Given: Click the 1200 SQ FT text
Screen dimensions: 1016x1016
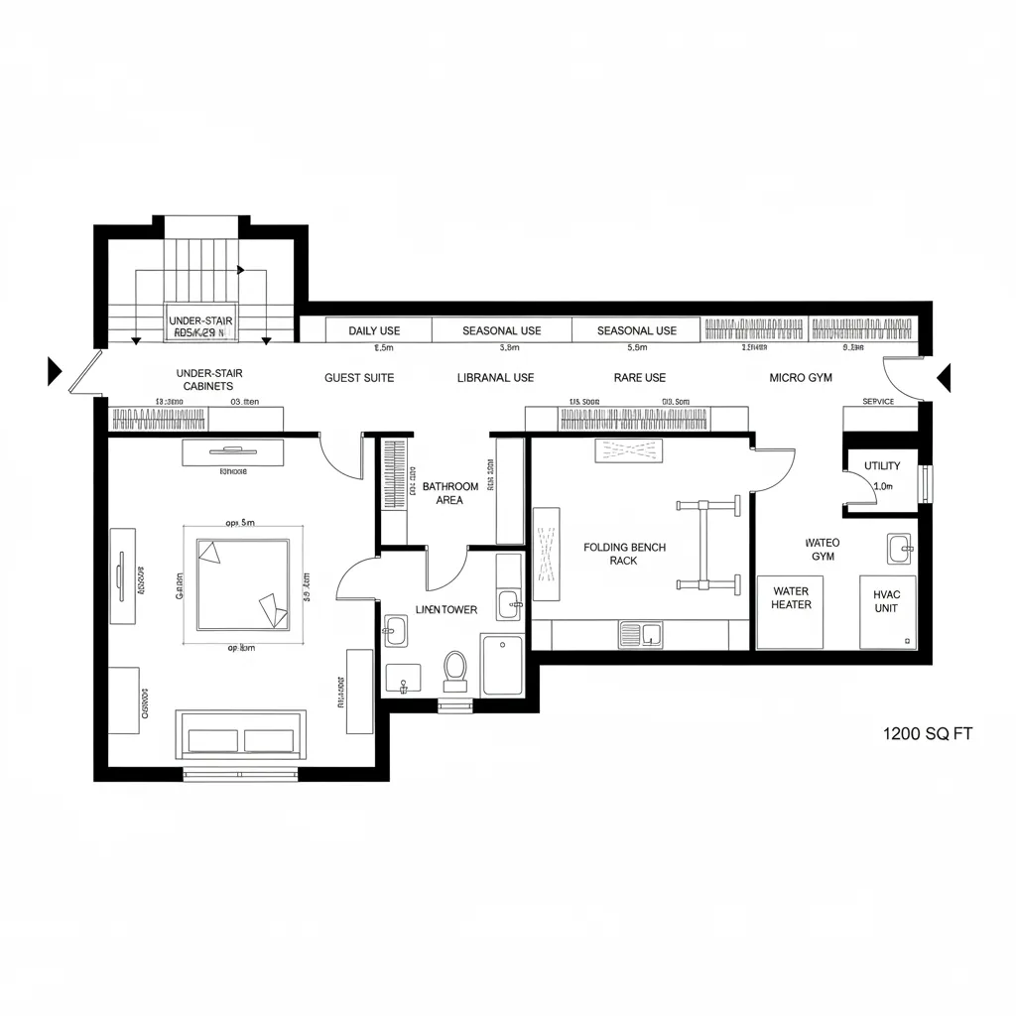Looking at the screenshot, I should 927,734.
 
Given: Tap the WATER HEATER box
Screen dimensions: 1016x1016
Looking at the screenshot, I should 791,611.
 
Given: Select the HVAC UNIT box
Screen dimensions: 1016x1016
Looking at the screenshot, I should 887,612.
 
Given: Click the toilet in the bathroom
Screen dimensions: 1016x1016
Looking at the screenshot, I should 455,670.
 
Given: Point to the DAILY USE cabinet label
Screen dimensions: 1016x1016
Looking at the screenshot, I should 374,330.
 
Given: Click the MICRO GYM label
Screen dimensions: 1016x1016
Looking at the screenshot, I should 801,378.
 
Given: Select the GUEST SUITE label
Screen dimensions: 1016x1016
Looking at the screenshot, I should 359,378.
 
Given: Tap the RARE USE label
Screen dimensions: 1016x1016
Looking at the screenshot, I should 640,378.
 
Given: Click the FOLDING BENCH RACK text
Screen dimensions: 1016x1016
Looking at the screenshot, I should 624,554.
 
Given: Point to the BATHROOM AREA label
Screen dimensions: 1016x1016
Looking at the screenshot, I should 449,493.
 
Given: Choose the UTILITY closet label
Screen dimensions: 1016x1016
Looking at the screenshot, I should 881,465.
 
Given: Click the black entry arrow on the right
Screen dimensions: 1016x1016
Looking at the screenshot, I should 944,377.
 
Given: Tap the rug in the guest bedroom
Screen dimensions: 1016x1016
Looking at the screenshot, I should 243,584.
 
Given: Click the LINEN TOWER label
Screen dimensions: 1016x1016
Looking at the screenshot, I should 446,609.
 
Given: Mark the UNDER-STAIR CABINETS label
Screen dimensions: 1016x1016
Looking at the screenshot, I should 208,379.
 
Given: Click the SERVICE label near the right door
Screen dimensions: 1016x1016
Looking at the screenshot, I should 878,402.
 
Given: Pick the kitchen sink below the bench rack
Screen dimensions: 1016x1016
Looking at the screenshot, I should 641,633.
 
